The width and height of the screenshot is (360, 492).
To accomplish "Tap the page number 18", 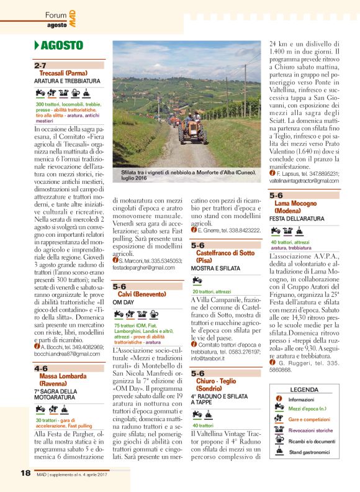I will [25, 473].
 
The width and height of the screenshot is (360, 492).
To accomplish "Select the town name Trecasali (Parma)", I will [60, 73].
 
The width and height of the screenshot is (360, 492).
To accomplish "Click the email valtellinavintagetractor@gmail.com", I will [304, 180].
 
